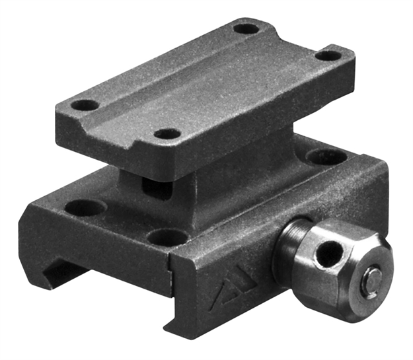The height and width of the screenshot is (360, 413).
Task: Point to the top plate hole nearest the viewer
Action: pyautogui.click(x=167, y=133)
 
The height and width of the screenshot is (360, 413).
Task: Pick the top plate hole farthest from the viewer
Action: pyautogui.click(x=246, y=28)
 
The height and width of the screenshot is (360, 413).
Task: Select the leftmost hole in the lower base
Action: pyautogui.click(x=85, y=207)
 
